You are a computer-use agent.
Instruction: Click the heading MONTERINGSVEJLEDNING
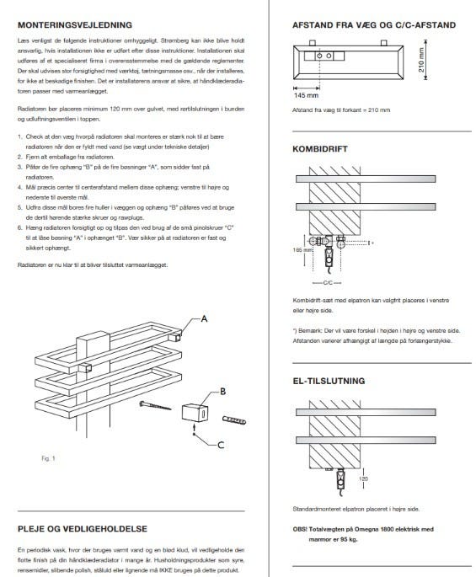tap(75, 25)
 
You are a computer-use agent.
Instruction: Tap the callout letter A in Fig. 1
tap(204, 318)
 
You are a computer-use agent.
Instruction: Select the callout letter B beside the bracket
tap(222, 392)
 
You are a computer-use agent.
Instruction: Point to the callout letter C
tap(221, 446)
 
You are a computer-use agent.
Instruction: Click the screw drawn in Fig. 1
tap(155, 405)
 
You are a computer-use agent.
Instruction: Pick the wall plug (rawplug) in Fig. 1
tap(234, 419)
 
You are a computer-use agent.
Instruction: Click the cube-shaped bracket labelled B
tap(195, 413)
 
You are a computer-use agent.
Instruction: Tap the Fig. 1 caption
tap(48, 458)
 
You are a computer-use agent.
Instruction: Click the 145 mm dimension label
tap(306, 95)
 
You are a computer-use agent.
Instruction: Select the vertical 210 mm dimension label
tap(421, 60)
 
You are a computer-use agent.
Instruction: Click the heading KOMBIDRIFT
tap(320, 149)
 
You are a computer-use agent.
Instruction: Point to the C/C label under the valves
tap(327, 283)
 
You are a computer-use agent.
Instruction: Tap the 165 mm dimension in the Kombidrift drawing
tap(302, 250)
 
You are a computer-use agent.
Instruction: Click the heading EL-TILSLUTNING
tap(329, 381)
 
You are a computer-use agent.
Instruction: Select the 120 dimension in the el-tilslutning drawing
tap(363, 478)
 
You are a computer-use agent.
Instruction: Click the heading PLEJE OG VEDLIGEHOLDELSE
tap(83, 529)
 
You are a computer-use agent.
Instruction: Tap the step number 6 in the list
tap(20, 227)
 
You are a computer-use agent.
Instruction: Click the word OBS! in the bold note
tap(300, 529)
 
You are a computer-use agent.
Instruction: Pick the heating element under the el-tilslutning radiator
tap(341, 480)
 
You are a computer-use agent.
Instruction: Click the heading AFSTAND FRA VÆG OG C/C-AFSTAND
tap(374, 25)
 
